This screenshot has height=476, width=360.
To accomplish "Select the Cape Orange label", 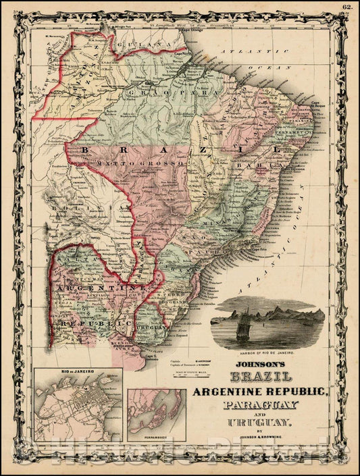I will pos(191,31).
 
